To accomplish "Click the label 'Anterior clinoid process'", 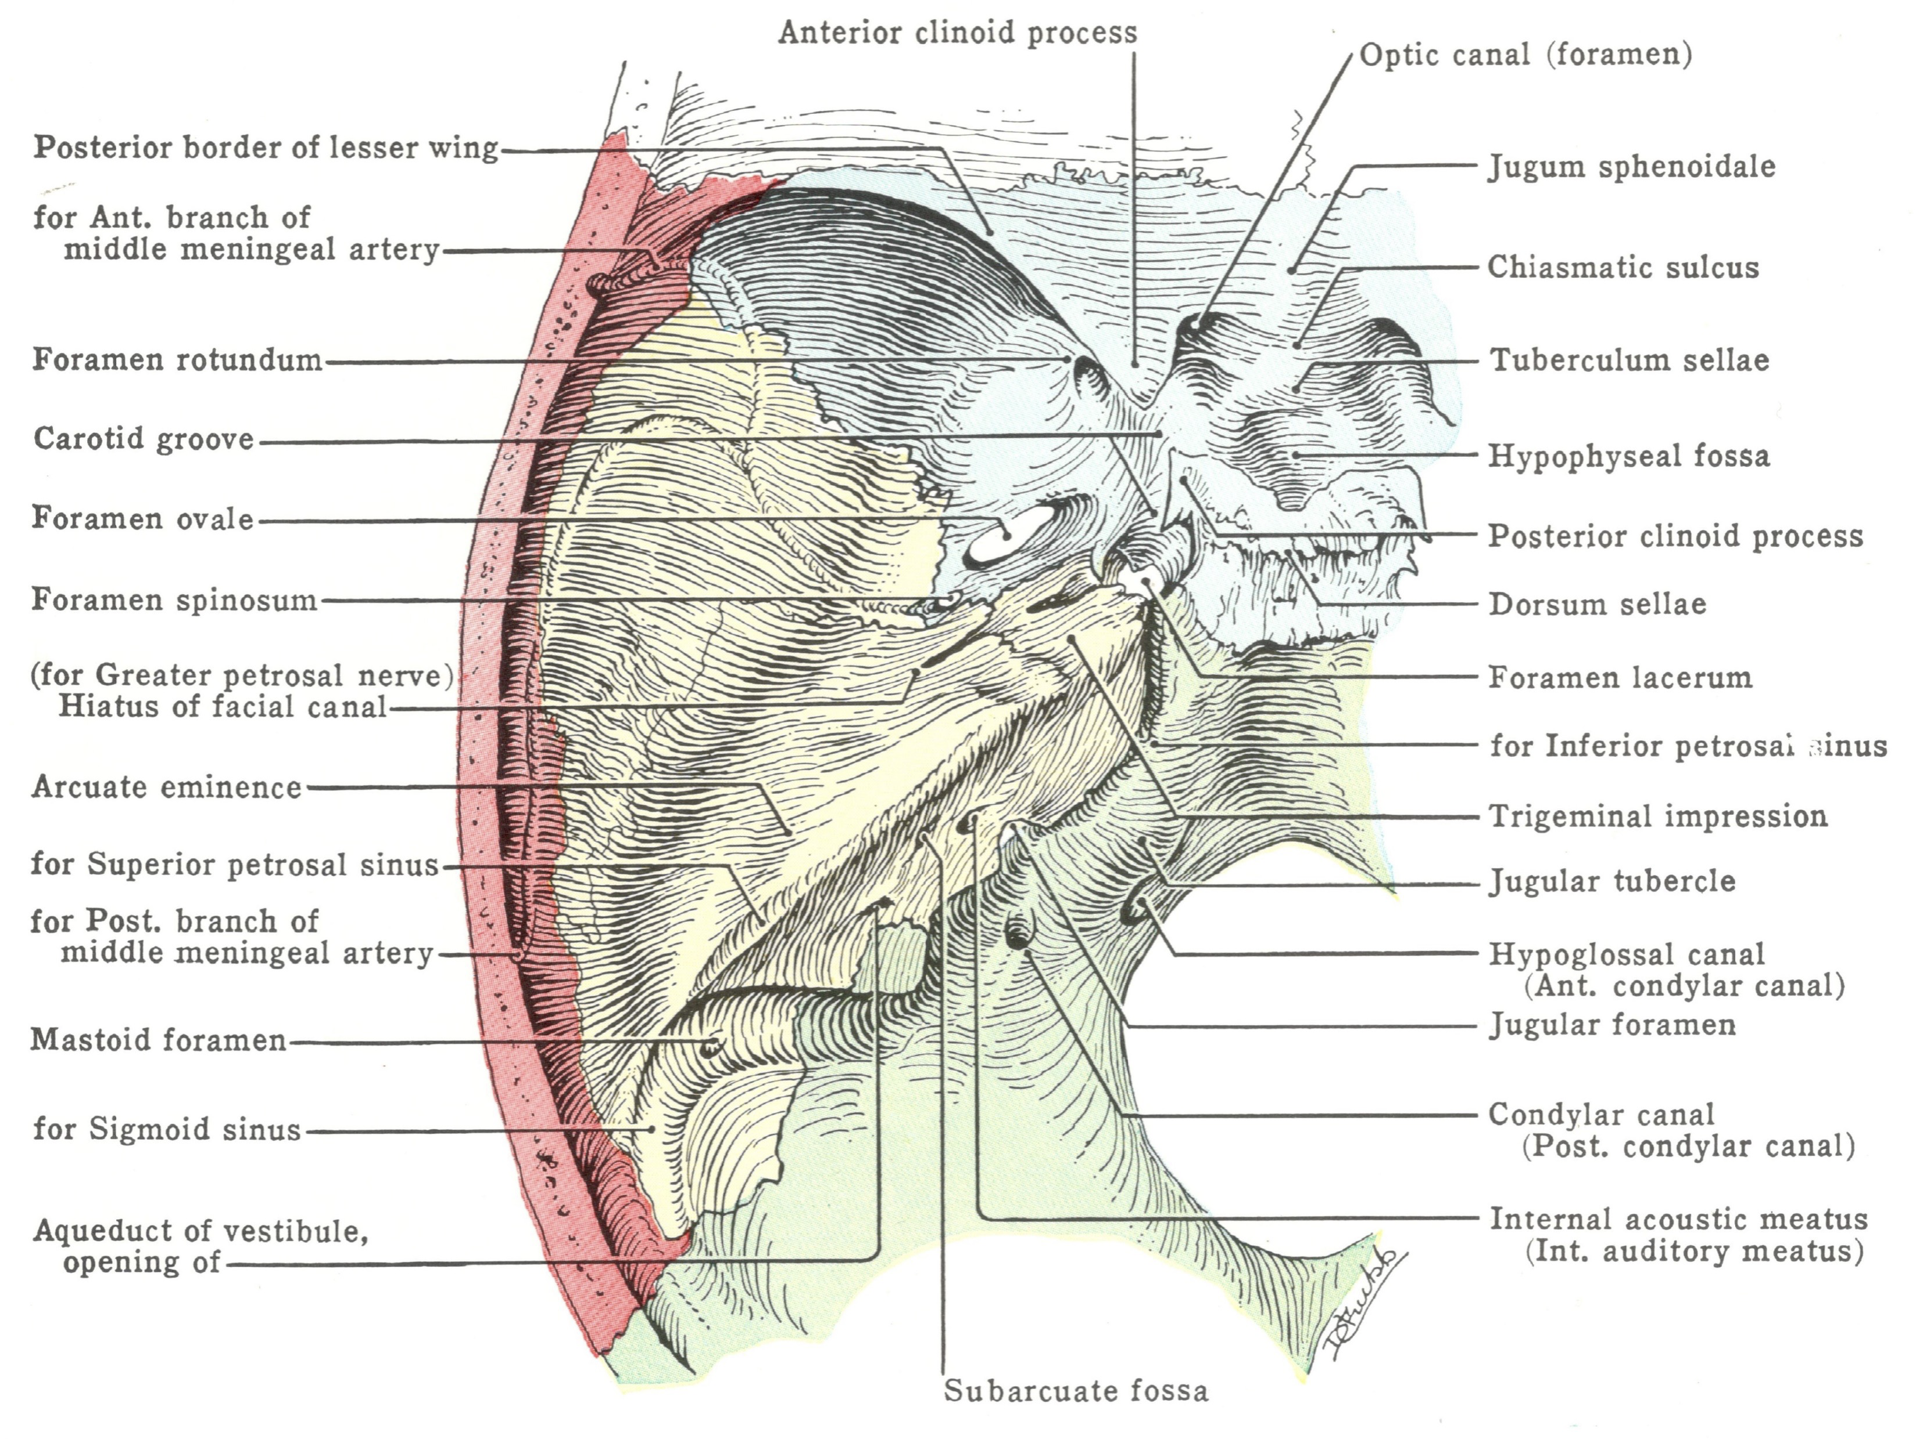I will coord(957,33).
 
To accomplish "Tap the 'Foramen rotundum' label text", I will coord(178,360).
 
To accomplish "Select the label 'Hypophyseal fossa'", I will coord(1628,456).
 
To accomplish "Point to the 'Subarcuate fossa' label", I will coord(1075,1391).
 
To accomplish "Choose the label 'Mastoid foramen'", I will coord(159,1040).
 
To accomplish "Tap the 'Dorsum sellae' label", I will coord(1597,604).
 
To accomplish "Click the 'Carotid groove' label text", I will coord(144,439).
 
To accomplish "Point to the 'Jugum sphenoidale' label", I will coord(1632,166).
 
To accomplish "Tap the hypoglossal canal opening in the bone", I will coord(1135,910).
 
